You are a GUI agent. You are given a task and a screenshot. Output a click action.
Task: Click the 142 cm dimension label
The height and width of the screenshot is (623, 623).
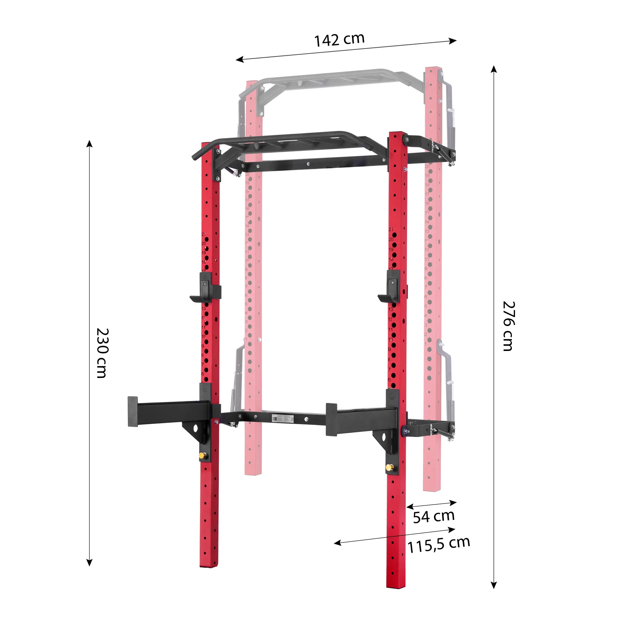click(x=339, y=39)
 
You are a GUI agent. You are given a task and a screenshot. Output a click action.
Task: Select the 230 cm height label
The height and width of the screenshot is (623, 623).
click(x=102, y=353)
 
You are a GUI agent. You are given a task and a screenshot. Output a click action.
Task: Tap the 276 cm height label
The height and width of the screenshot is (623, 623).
click(x=509, y=326)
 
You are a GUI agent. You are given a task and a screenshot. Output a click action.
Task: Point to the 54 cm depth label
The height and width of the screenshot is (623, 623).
click(x=433, y=517)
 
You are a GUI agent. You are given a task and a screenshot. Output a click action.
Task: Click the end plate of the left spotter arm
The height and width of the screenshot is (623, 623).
click(x=133, y=411)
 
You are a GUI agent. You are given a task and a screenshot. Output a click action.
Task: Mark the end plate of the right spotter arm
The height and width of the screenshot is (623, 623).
click(x=331, y=419)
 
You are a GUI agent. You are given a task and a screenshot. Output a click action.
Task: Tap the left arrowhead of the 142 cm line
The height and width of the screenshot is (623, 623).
click(x=239, y=60)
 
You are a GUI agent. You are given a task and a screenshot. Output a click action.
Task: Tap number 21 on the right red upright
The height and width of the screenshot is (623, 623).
click(x=391, y=229)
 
